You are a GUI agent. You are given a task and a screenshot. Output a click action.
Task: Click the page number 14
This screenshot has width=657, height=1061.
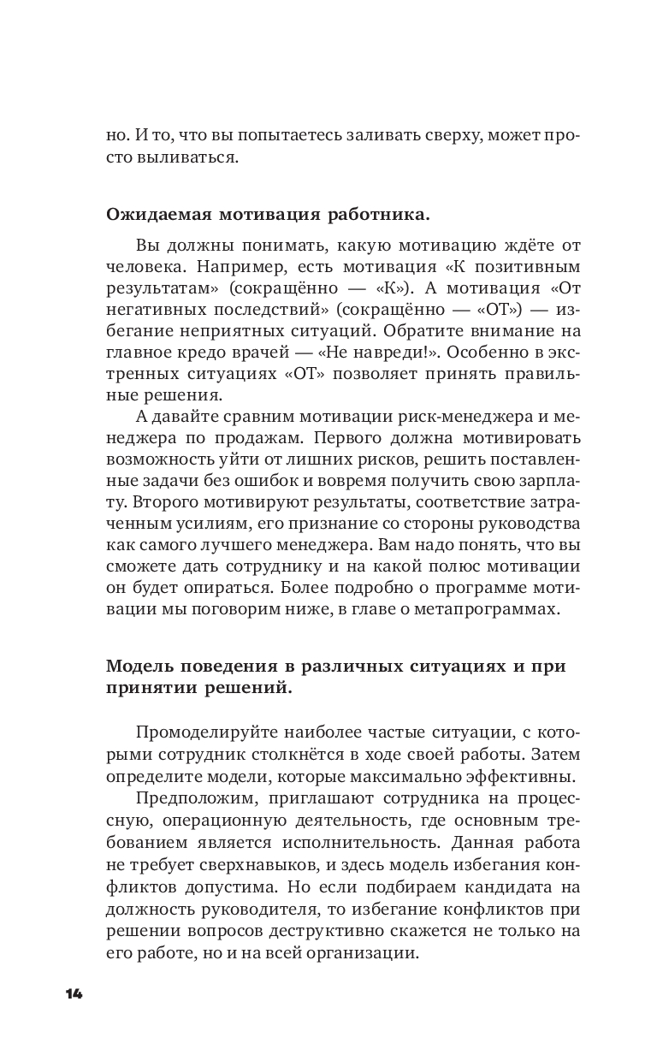tap(74, 993)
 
